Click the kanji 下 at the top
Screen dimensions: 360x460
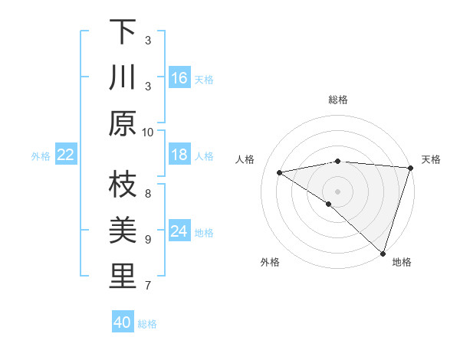point(123,31)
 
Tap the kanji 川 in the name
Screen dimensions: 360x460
point(123,77)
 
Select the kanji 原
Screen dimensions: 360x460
point(123,123)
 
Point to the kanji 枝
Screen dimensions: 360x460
point(123,185)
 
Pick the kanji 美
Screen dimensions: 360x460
point(123,231)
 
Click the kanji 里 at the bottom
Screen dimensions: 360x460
point(123,277)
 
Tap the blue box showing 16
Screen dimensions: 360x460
point(179,78)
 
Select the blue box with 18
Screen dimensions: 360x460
point(179,155)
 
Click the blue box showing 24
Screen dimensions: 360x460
point(179,231)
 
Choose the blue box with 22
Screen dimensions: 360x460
point(66,155)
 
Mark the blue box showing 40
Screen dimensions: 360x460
point(123,322)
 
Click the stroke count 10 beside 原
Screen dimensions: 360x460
point(148,132)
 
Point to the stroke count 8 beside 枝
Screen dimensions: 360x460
point(148,193)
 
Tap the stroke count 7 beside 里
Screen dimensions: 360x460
point(148,286)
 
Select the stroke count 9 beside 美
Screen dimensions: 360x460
point(148,240)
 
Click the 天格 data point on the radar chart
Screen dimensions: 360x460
point(410,167)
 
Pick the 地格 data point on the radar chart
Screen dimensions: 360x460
point(382,252)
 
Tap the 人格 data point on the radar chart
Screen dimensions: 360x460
point(280,172)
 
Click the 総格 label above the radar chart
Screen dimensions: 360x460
point(337,100)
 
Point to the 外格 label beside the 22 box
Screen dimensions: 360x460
point(41,155)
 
